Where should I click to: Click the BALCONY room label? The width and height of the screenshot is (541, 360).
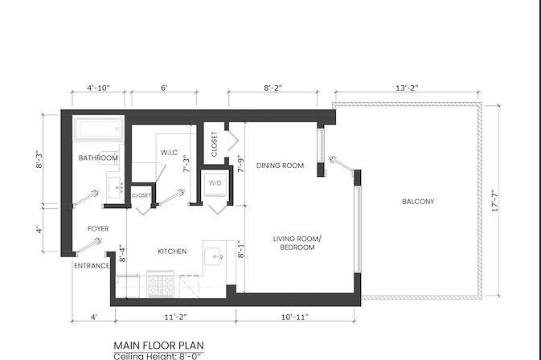[418, 202]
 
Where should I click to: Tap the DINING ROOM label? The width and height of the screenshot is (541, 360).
[280, 166]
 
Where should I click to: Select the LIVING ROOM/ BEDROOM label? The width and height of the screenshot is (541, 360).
[297, 243]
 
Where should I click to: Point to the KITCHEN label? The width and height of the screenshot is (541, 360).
[172, 252]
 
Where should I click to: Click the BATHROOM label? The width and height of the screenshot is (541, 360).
[98, 158]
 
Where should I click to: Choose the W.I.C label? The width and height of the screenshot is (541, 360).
[169, 152]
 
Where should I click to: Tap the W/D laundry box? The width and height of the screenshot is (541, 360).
[215, 182]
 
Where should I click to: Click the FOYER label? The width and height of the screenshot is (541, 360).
[98, 229]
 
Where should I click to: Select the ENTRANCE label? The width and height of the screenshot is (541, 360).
[91, 266]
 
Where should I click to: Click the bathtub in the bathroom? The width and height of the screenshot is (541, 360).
[98, 129]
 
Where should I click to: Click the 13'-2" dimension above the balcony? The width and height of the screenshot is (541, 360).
[407, 87]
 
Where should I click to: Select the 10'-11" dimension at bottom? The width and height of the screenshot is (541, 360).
[296, 317]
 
